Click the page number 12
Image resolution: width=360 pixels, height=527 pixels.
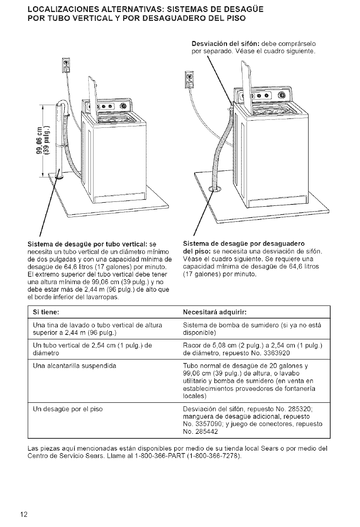(23, 515)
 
